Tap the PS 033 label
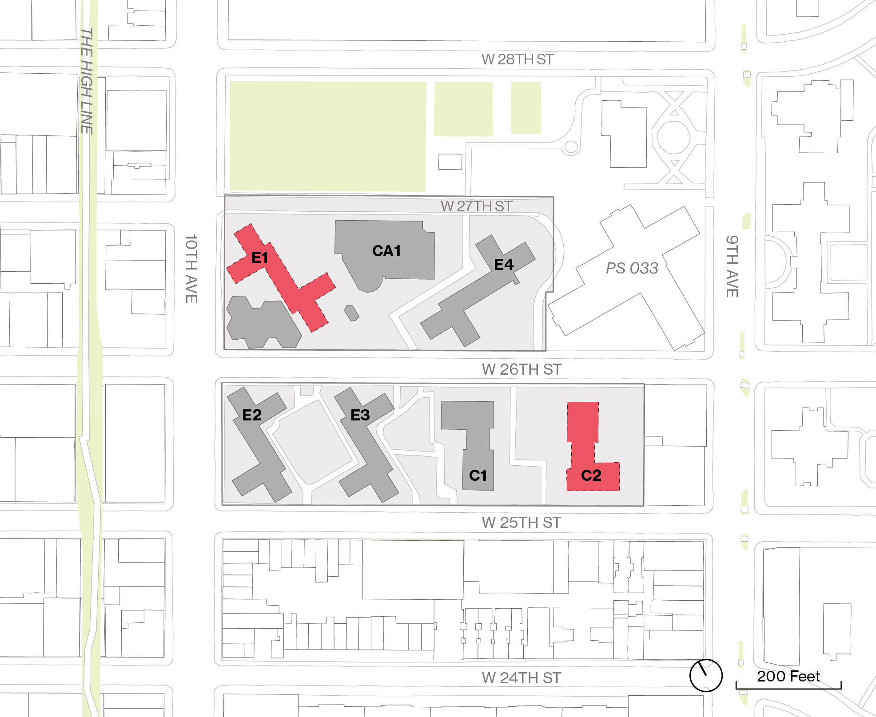[632, 268]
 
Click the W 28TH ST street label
[518, 59]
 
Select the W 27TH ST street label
[476, 206]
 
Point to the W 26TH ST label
[522, 369]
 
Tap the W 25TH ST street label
[522, 523]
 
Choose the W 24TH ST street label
[522, 678]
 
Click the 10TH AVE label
[191, 269]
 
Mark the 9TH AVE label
[732, 266]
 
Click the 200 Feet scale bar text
[788, 676]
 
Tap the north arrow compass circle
[706, 675]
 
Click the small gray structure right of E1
[351, 313]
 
